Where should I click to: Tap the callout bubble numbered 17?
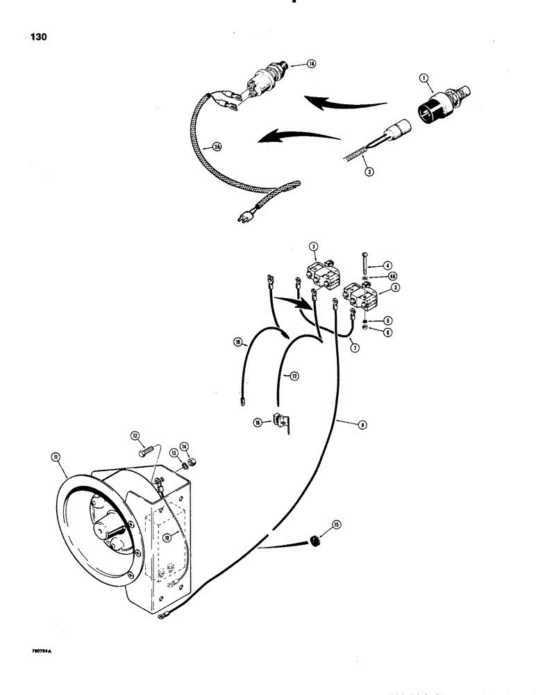[294, 377]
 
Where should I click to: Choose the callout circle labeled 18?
[238, 343]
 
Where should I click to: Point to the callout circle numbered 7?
[355, 346]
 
